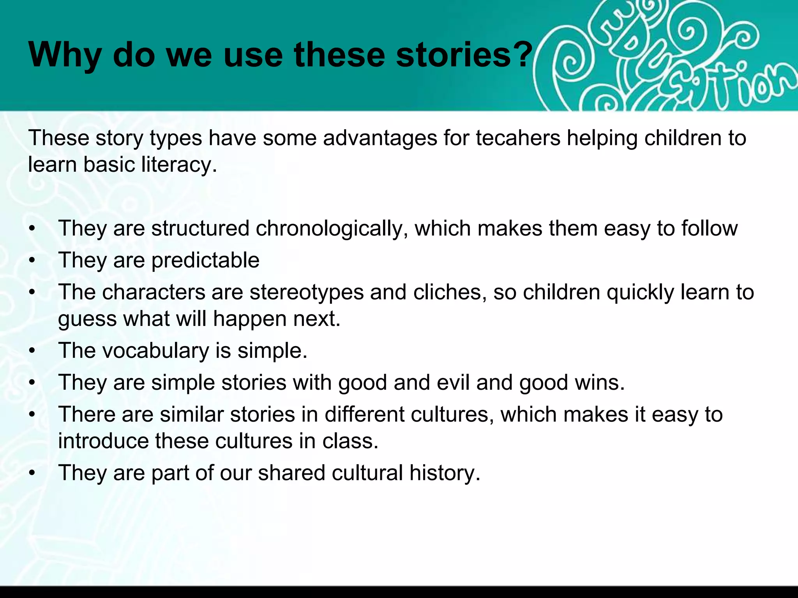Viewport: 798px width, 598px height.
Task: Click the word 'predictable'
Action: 205,260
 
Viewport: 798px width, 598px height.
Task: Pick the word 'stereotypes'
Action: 307,292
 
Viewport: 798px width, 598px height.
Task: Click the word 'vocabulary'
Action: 155,351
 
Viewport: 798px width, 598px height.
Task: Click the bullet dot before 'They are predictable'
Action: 32,260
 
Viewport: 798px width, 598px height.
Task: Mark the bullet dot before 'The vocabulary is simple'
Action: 32,351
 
